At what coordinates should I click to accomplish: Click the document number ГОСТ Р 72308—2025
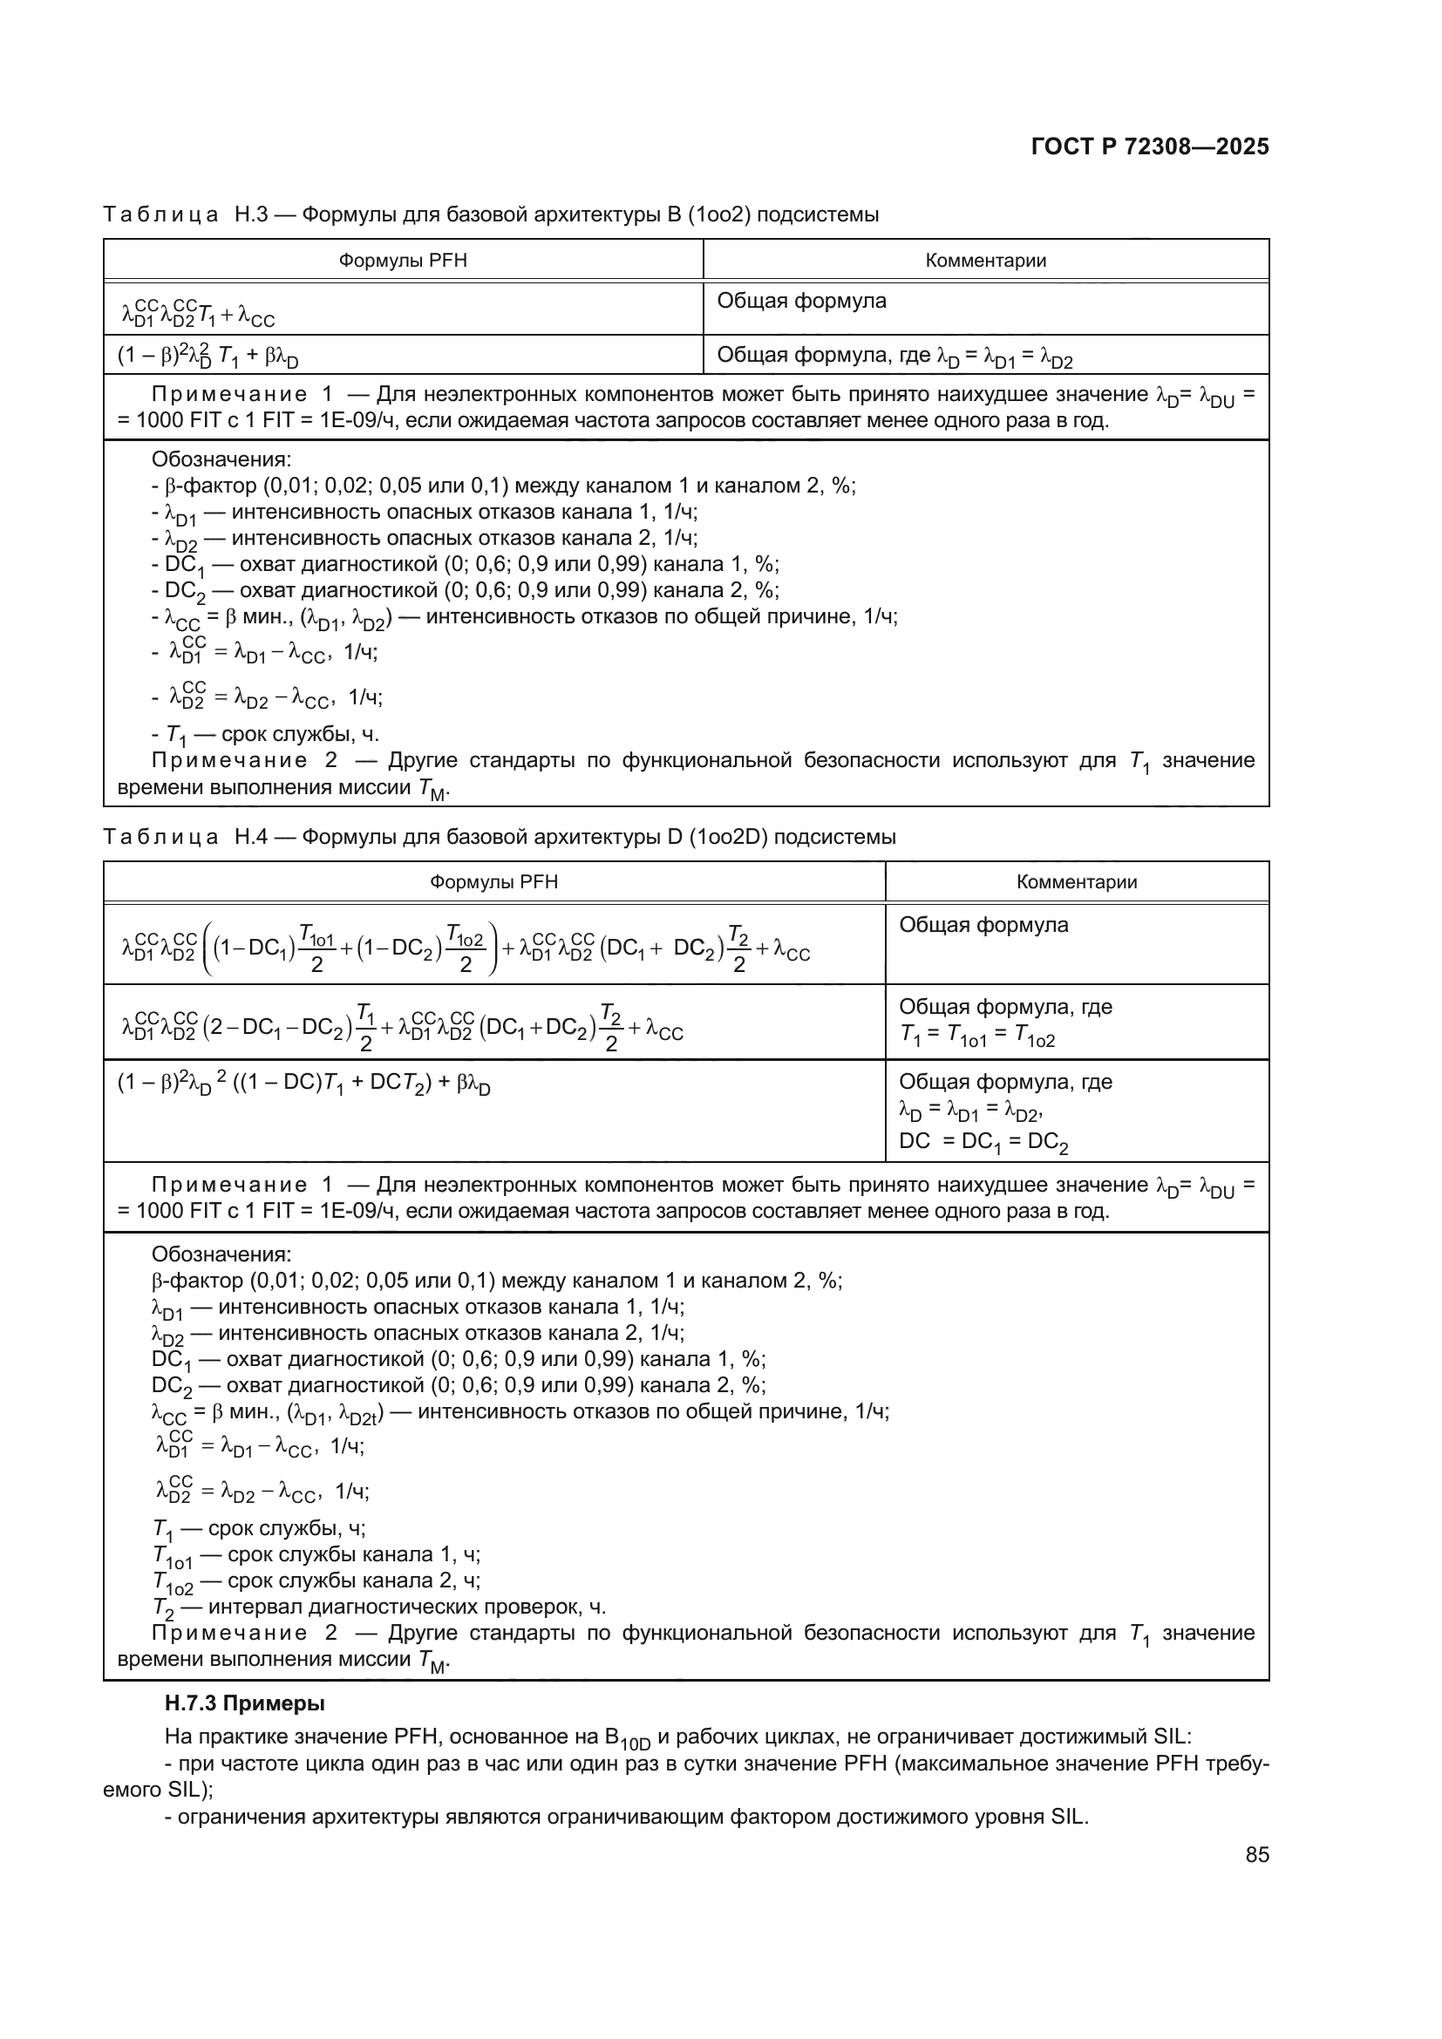pos(1150,147)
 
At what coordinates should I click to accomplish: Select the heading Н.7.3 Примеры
pos(244,1703)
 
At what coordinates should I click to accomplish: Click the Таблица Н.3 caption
pos(490,215)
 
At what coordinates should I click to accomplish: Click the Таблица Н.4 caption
pos(499,837)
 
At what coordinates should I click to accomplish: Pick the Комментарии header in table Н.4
pos(1076,882)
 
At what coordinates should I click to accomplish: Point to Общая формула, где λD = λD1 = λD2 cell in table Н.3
pos(894,357)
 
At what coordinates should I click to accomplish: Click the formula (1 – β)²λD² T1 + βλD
pos(207,357)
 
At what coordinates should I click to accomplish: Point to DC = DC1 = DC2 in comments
pos(983,1142)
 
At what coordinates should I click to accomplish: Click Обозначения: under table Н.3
pos(221,460)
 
